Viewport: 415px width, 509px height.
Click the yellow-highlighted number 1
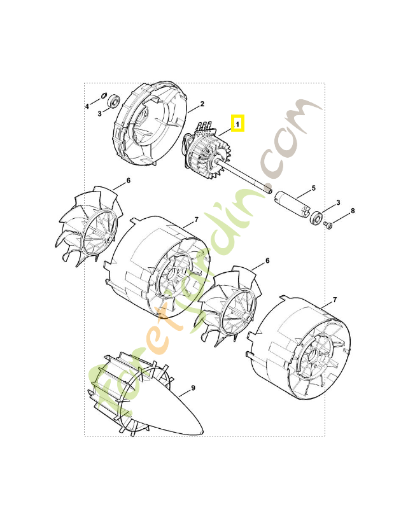tap(237, 123)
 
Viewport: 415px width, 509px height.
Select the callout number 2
tap(202, 104)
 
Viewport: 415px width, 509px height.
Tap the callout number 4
tap(88, 106)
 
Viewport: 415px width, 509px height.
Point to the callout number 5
tap(313, 189)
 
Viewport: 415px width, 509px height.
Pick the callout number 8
tap(353, 211)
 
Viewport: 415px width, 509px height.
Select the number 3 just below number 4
tap(99, 114)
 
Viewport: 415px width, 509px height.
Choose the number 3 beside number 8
tap(338, 202)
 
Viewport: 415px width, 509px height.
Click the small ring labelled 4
tap(103, 96)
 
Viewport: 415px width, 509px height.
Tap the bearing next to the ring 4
tap(115, 100)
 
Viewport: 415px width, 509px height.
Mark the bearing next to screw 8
tap(315, 218)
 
